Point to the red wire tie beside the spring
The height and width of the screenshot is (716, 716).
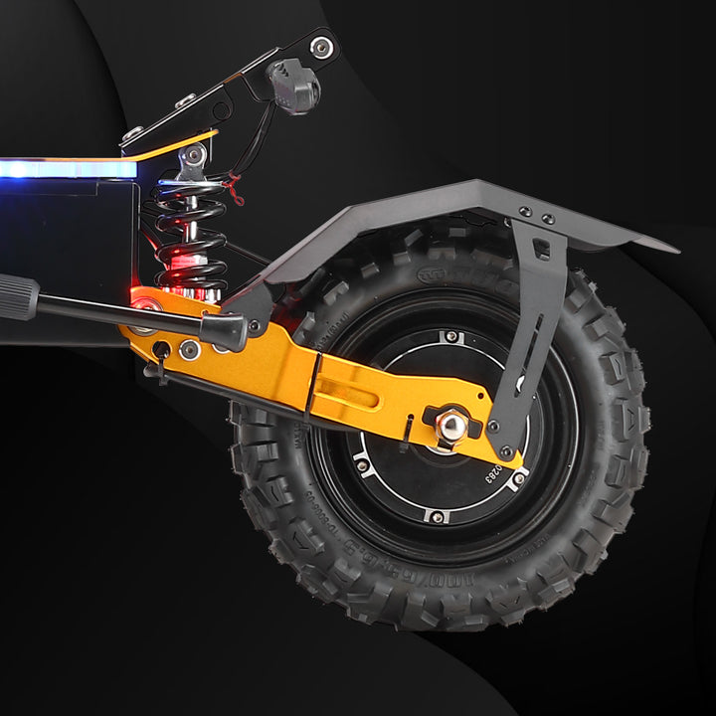click(x=236, y=187)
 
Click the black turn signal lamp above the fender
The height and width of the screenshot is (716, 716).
click(x=295, y=88)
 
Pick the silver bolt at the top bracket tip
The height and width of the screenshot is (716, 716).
click(x=320, y=45)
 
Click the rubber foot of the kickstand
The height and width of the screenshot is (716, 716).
click(x=227, y=331)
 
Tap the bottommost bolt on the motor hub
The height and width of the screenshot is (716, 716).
click(x=437, y=516)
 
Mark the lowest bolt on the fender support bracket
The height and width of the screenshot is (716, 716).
click(x=506, y=452)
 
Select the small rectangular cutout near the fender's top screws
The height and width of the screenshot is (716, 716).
click(x=542, y=248)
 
